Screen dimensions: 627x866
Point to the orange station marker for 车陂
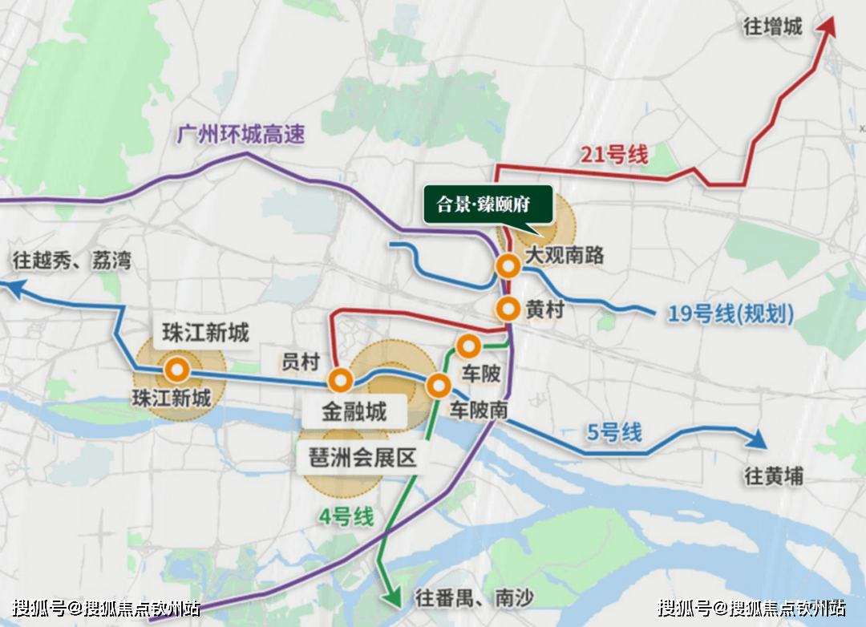click(468, 346)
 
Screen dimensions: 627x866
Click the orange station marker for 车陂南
click(438, 386)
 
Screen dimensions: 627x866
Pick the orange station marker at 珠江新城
click(176, 370)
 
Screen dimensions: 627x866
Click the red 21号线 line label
click(613, 155)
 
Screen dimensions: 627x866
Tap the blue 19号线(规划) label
click(730, 314)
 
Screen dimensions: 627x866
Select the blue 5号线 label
click(614, 433)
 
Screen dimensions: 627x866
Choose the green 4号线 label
click(346, 517)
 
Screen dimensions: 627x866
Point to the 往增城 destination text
click(773, 27)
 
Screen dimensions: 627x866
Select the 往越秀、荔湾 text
click(72, 261)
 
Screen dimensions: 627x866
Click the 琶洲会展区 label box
click(363, 459)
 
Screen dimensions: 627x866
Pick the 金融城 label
click(354, 412)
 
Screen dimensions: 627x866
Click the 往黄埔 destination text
click(773, 476)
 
